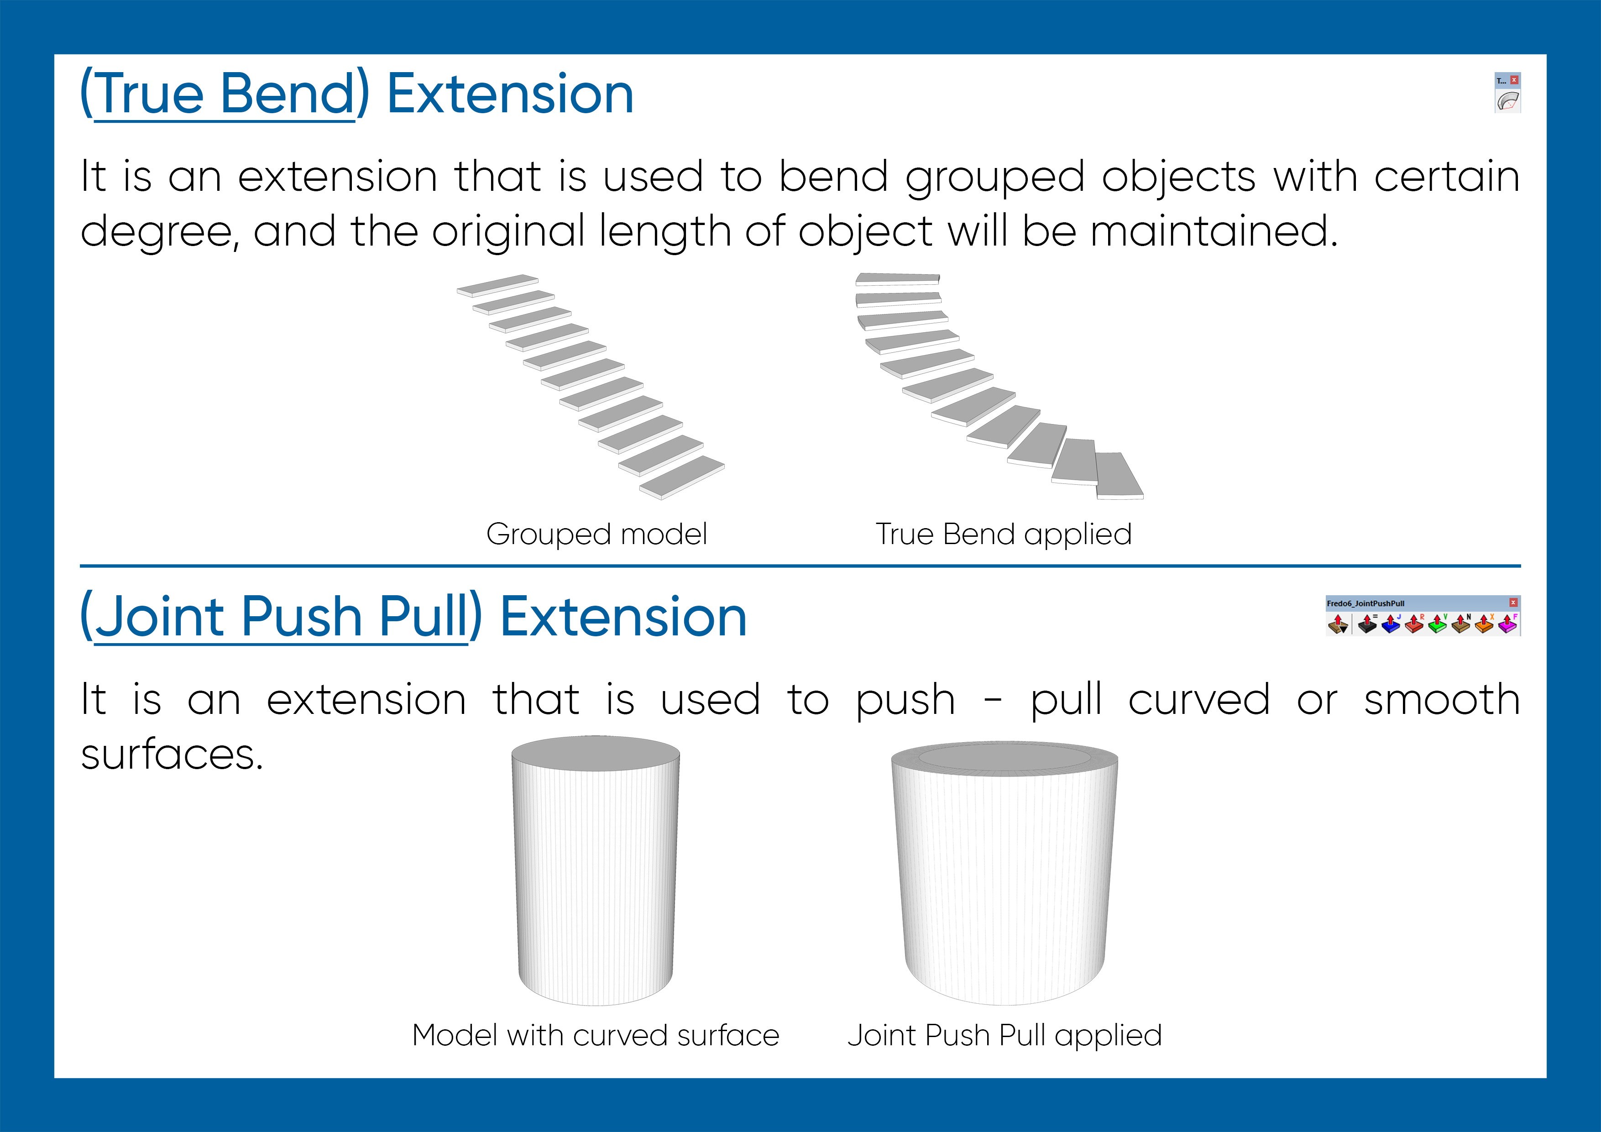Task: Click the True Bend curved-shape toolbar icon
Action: (x=1507, y=101)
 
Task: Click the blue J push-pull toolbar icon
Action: (x=1391, y=624)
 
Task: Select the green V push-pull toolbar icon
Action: (x=1437, y=624)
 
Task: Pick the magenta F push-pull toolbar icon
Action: (x=1507, y=624)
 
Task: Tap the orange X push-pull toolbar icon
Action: (x=1484, y=624)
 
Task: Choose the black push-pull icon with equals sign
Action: (x=1367, y=624)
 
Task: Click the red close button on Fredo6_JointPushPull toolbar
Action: (x=1513, y=602)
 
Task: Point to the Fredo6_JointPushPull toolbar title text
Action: (x=1366, y=603)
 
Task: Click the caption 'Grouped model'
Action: (x=597, y=534)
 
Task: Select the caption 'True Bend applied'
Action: (x=1004, y=534)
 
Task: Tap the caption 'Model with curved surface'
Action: (x=596, y=1035)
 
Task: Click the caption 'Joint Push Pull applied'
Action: (x=1005, y=1035)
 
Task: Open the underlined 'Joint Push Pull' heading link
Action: (x=281, y=617)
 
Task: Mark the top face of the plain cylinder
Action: (x=596, y=753)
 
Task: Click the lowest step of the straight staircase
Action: (x=682, y=477)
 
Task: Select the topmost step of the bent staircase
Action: (x=897, y=279)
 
